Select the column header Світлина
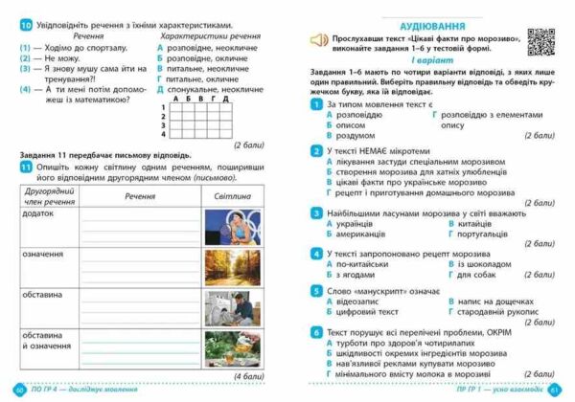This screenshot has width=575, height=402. (231, 194)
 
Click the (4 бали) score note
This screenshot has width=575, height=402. (248, 376)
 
